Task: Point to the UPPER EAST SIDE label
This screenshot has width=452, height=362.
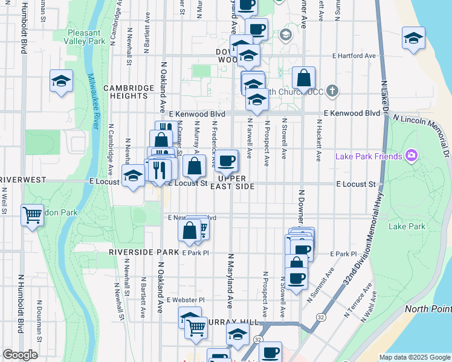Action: [x=232, y=182]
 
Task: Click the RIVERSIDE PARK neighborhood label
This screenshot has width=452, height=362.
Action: [x=144, y=252]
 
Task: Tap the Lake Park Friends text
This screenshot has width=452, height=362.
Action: [x=369, y=157]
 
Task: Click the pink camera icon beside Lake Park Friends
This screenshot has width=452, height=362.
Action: [x=412, y=156]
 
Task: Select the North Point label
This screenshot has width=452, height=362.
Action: [x=428, y=309]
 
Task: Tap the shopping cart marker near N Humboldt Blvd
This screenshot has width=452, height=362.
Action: [x=32, y=215]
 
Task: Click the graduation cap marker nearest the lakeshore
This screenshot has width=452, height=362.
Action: [x=413, y=39]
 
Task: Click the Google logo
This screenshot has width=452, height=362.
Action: [x=20, y=355]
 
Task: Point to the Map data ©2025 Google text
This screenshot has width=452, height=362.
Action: [x=414, y=357]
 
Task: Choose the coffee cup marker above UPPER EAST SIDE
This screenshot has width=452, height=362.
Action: [x=227, y=160]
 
